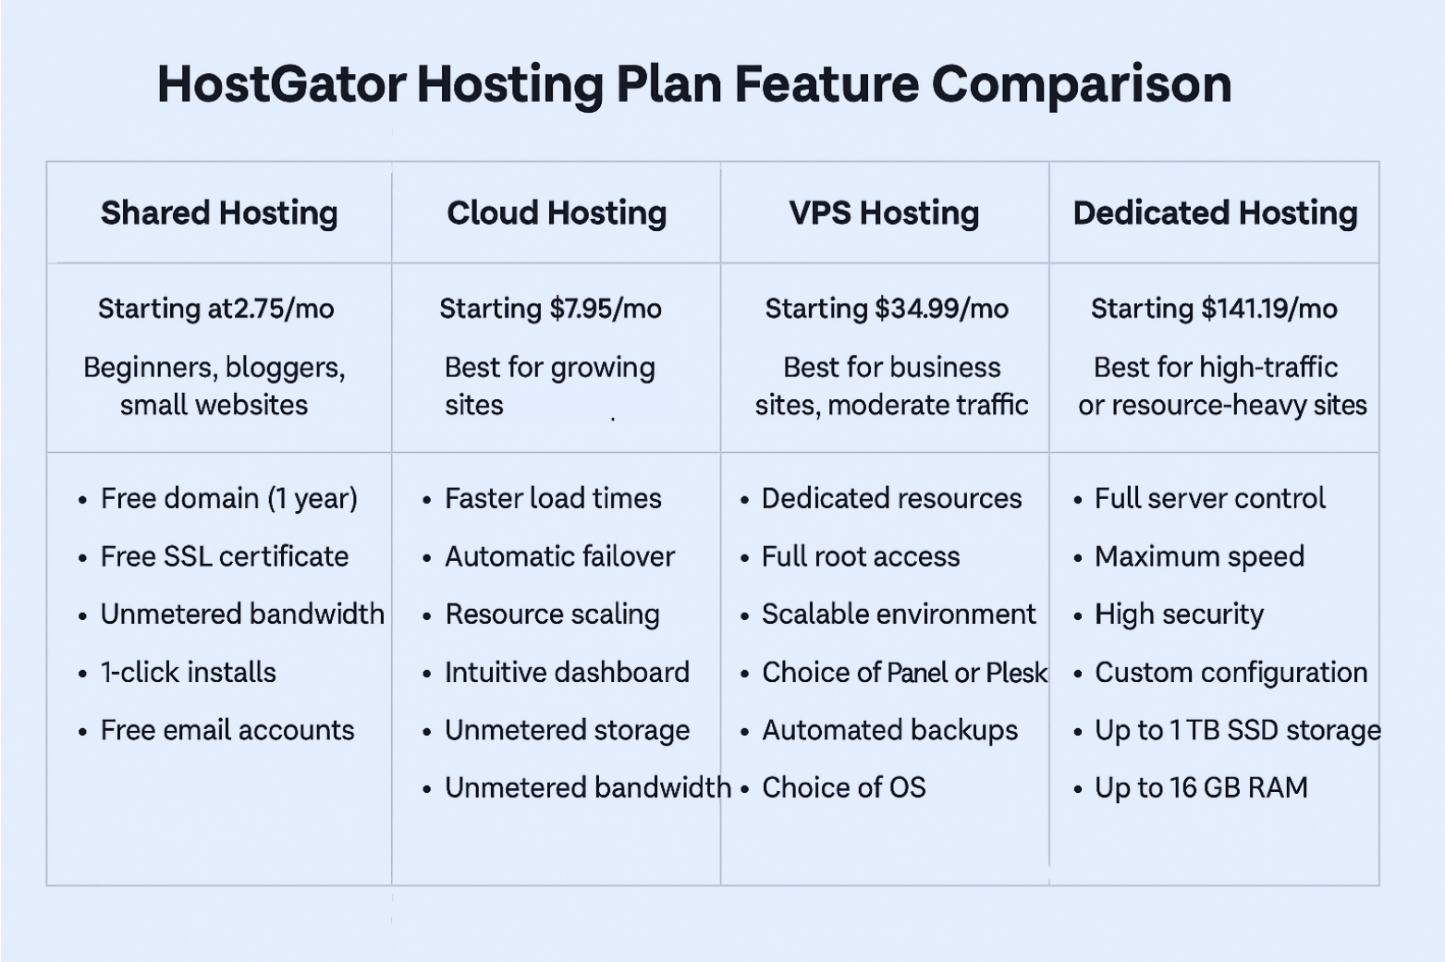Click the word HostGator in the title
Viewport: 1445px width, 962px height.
coord(282,84)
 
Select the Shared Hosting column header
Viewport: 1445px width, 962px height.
coord(219,213)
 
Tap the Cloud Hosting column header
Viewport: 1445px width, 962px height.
coord(557,213)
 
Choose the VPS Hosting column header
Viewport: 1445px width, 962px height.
coord(884,213)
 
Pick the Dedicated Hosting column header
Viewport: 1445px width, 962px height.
coord(1216,213)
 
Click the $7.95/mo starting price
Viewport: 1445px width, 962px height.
coord(606,309)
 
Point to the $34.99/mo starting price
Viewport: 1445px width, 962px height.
coord(942,309)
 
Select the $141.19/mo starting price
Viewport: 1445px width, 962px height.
coord(1269,309)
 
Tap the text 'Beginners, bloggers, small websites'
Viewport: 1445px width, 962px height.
coord(214,386)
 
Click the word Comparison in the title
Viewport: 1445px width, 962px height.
coord(1082,84)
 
